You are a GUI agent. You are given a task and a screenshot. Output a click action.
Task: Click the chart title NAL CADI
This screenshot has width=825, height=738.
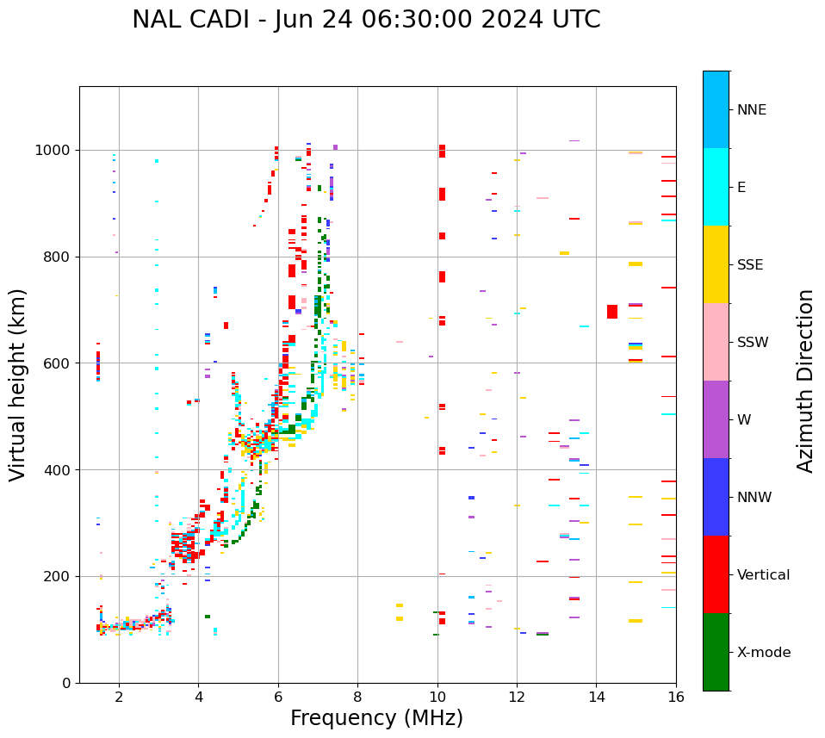pos(366,20)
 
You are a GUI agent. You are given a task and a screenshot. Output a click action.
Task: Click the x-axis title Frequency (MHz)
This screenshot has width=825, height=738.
pos(376,718)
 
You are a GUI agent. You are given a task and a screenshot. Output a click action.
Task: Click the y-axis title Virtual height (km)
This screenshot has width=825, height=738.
pos(18,384)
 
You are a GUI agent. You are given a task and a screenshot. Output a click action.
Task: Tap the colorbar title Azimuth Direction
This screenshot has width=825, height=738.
pos(805,381)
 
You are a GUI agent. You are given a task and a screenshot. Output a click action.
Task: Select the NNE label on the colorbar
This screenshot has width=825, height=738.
pos(751,110)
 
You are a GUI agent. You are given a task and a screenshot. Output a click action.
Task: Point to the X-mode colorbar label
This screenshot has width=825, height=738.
pos(763,653)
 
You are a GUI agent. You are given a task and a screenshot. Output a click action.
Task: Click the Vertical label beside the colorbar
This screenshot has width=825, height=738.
pos(763,575)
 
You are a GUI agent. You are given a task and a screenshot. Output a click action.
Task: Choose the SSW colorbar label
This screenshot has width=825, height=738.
pos(753,343)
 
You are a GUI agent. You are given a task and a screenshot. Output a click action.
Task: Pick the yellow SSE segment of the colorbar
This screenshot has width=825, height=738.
pos(716,264)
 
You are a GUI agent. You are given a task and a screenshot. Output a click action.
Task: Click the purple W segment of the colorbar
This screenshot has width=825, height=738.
pos(716,419)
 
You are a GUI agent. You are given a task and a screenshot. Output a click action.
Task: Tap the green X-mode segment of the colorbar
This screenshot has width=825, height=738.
pos(716,652)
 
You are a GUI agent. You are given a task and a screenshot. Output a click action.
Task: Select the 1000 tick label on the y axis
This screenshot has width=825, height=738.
pos(53,151)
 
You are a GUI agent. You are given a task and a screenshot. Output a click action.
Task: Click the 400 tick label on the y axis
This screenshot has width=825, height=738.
pos(57,470)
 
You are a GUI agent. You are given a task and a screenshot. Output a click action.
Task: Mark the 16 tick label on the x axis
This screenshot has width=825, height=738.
pos(676,698)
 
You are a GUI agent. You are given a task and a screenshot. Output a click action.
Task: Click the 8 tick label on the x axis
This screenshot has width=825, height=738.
pos(357,698)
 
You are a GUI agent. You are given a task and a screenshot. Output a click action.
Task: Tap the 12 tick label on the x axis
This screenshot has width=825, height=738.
pos(517,698)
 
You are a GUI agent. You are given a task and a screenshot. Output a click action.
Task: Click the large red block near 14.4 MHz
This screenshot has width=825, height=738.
pos(612,312)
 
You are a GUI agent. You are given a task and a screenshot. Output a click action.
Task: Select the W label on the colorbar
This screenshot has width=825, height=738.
pos(743,420)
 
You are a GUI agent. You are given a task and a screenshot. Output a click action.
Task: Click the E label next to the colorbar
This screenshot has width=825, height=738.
pos(741,188)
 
